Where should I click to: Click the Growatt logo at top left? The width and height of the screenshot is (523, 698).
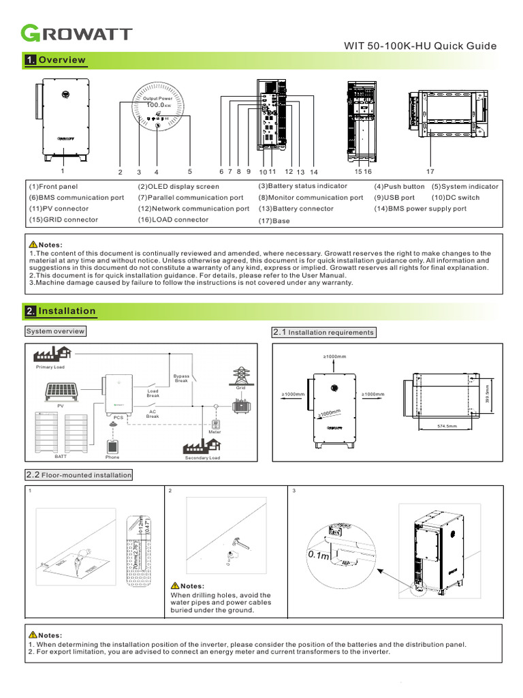(x=77, y=33)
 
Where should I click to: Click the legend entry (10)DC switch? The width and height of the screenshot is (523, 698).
(x=455, y=198)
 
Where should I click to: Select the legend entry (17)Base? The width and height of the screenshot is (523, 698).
(x=274, y=222)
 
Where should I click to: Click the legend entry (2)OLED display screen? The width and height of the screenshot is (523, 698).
(x=178, y=186)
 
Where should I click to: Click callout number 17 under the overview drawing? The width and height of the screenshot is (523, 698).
(x=430, y=172)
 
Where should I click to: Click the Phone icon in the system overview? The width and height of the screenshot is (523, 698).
(x=112, y=447)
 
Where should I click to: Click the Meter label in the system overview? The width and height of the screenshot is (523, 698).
(x=215, y=432)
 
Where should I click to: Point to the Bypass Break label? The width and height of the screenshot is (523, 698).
(x=181, y=378)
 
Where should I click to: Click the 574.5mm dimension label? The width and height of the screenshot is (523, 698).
(x=447, y=427)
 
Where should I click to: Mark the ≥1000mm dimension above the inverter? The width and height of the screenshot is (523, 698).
(x=334, y=356)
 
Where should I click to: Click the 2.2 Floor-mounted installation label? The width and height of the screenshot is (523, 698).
(x=79, y=474)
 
